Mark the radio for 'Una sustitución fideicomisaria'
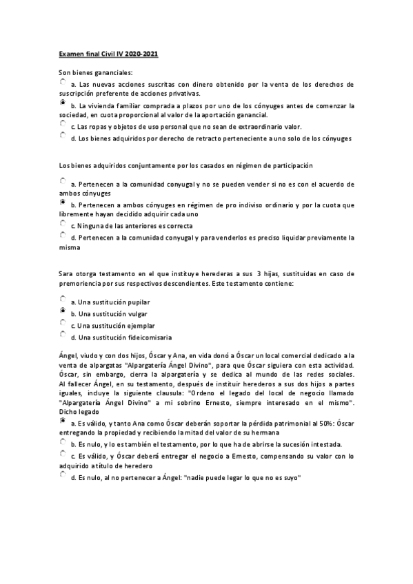(x=63, y=335)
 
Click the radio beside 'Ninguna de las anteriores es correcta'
(x=63, y=224)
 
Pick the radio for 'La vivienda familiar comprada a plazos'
(x=63, y=103)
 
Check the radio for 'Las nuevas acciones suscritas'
(x=63, y=81)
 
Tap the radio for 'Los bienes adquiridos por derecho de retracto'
(x=63, y=136)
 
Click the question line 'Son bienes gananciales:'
(x=96, y=72)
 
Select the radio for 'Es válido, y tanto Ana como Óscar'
(x=63, y=421)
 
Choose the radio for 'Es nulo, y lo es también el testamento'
(x=63, y=443)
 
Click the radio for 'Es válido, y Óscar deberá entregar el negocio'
(x=63, y=454)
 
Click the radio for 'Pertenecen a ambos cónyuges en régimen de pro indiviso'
(x=63, y=202)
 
